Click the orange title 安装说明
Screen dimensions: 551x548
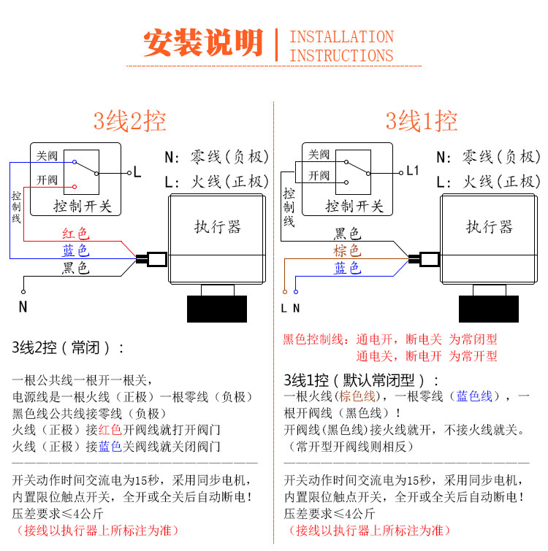[x=202, y=44]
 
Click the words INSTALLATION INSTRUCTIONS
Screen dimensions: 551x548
[x=341, y=46]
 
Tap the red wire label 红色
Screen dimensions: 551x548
[x=75, y=234]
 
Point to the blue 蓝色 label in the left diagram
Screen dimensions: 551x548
[x=75, y=251]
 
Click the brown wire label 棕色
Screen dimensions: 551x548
[x=347, y=251]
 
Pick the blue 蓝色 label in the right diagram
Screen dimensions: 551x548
[x=347, y=269]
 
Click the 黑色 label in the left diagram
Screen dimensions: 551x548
[x=75, y=269]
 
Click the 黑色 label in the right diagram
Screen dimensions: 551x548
[x=347, y=234]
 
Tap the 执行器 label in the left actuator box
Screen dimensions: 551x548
[x=217, y=226]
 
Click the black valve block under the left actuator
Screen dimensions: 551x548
[x=217, y=309]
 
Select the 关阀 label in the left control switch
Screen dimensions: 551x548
[x=47, y=156]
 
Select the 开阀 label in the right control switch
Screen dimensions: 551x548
[x=319, y=175]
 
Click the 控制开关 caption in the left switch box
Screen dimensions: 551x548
[x=83, y=207]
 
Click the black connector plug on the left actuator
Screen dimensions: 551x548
[x=155, y=258]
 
